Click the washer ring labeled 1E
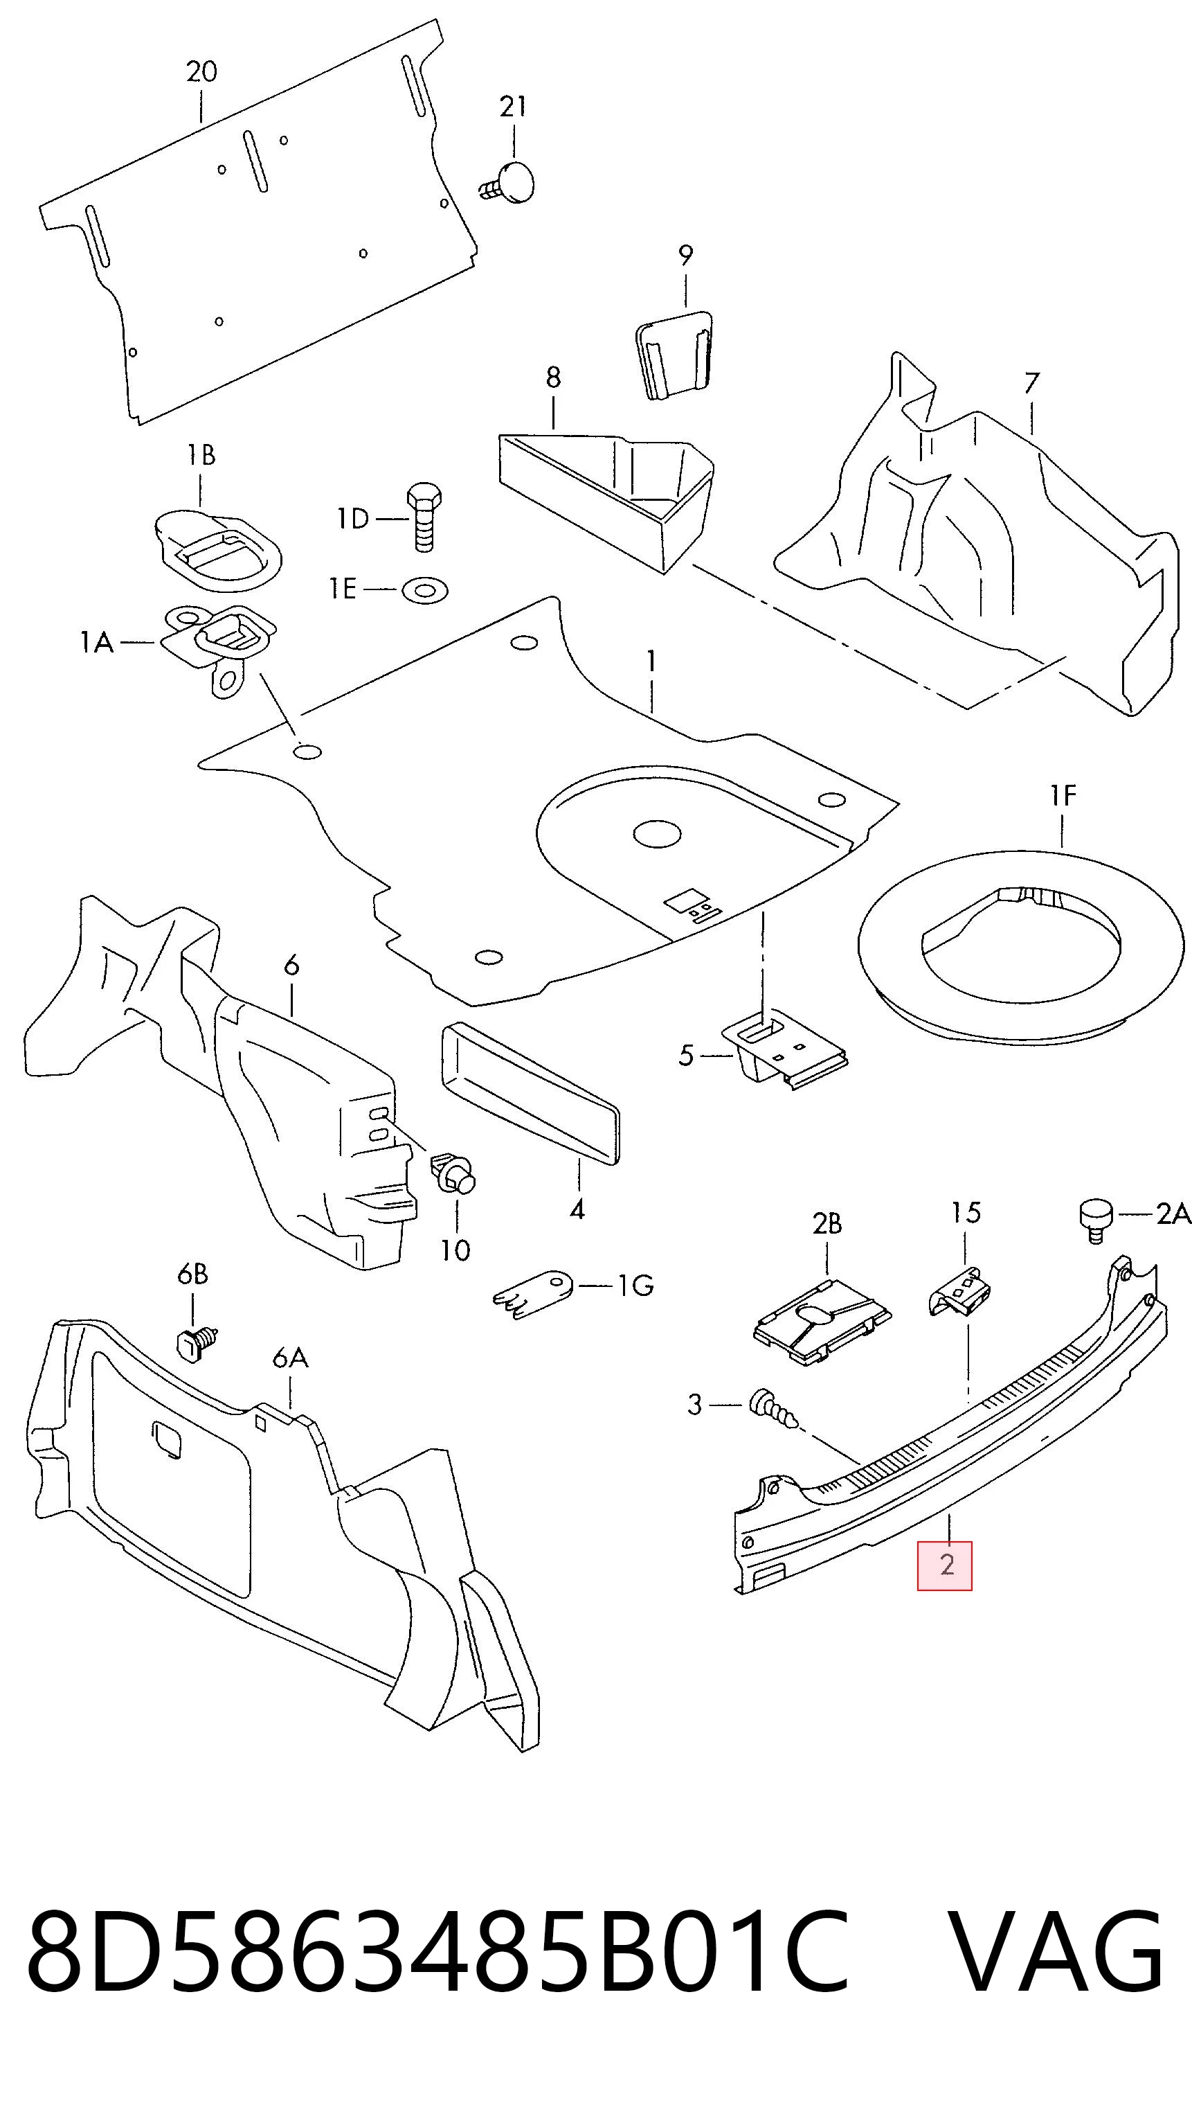click(424, 589)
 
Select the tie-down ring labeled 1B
click(217, 544)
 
